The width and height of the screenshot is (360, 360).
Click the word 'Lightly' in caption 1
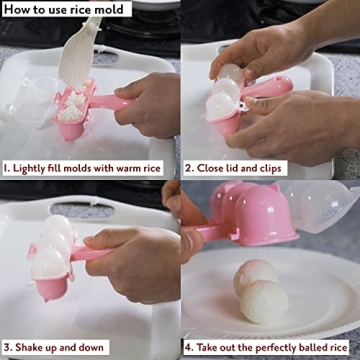click(x=33, y=168)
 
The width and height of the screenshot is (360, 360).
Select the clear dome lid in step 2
click(x=230, y=80)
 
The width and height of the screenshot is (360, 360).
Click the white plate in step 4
click(x=300, y=300)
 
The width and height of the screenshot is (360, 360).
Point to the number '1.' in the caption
click(x=7, y=168)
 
